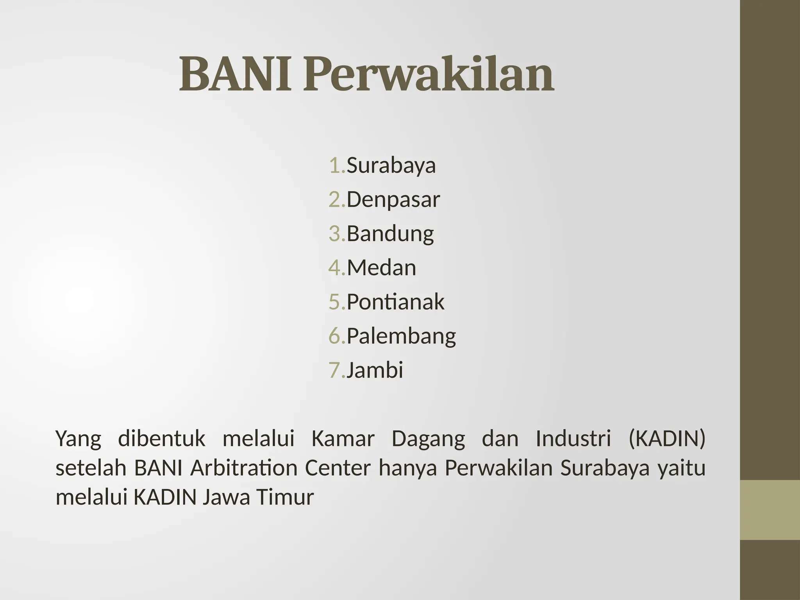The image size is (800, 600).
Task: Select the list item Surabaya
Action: [x=391, y=165]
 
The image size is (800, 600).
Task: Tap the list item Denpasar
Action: [x=393, y=199]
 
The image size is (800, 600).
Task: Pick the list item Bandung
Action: [x=390, y=234]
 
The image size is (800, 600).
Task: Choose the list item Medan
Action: [x=381, y=268]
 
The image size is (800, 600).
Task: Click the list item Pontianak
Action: [x=395, y=302]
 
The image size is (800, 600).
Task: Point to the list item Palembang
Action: [x=401, y=336]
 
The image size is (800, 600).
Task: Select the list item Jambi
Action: [x=375, y=370]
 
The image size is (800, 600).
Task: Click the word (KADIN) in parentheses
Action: [x=666, y=439]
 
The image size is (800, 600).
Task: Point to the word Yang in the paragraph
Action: [x=79, y=439]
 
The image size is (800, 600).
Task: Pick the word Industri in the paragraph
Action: [x=573, y=439]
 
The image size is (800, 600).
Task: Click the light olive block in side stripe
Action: [x=770, y=510]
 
